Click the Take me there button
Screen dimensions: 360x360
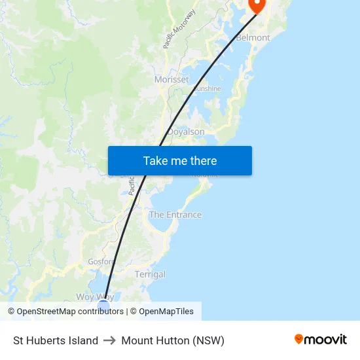coord(179,160)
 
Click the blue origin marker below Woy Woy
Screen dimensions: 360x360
coord(103,306)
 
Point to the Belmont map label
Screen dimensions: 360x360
coord(253,38)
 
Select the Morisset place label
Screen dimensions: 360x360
coord(171,79)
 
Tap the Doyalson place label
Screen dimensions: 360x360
coord(186,132)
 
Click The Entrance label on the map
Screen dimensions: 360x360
coord(175,215)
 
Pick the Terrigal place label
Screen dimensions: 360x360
coord(150,274)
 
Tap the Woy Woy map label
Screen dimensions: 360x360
coord(95,297)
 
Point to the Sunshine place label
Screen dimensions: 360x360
coord(207,88)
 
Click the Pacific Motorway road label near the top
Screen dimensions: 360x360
coord(181,29)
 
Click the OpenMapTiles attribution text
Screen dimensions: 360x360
coord(166,312)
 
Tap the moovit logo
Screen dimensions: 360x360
coord(321,340)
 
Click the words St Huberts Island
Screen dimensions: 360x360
coord(56,340)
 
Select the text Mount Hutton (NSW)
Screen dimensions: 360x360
coord(173,340)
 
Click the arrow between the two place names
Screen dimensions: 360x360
coord(110,340)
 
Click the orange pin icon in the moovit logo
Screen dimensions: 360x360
coord(299,339)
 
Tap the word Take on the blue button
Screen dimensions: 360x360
coord(156,160)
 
